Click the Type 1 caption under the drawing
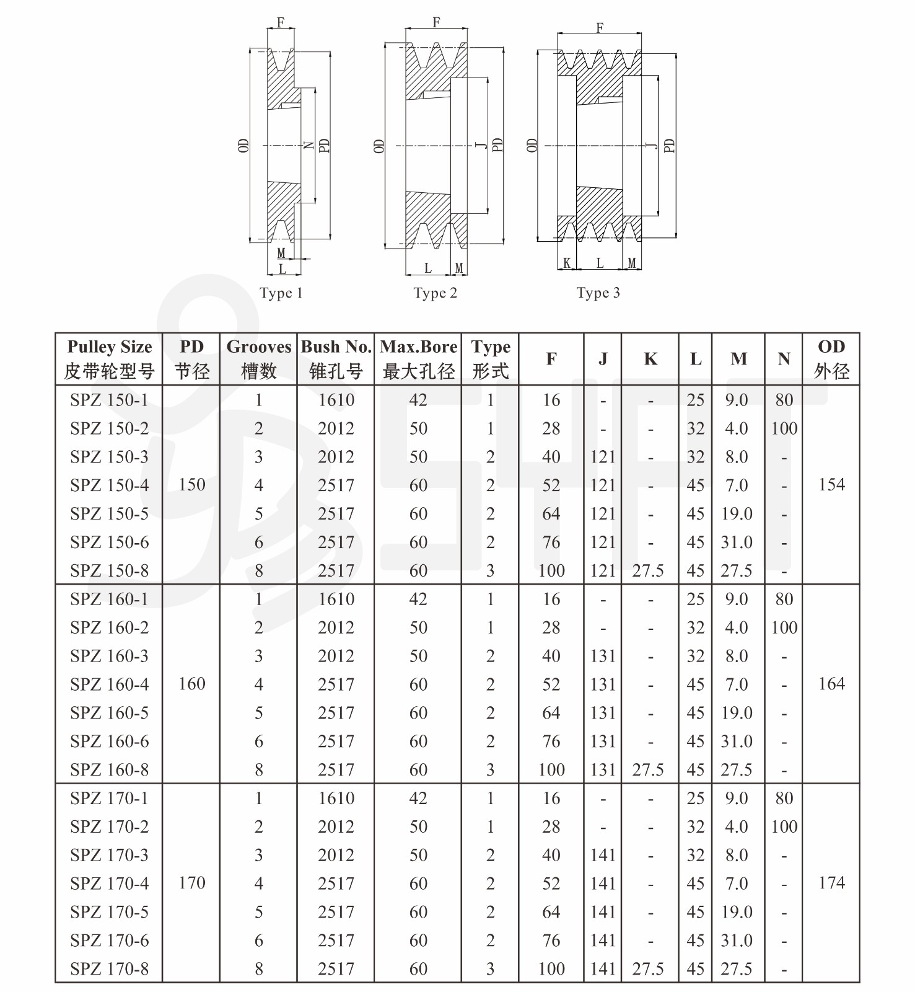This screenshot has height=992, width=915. tap(281, 293)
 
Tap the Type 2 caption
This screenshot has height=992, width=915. tap(435, 293)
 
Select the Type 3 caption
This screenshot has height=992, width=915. tap(598, 293)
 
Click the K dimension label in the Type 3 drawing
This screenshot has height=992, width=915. tap(567, 263)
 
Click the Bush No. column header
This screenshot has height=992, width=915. tap(336, 358)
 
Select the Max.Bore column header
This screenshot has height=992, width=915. tap(418, 358)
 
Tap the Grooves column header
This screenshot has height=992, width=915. tap(258, 358)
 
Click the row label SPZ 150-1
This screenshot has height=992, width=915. tap(109, 400)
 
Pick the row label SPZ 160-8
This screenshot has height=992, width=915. tap(109, 769)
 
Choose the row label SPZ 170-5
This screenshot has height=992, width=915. tap(109, 912)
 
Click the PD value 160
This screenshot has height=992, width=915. tap(191, 684)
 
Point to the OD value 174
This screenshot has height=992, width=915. tap(831, 883)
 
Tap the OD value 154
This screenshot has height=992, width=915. tap(831, 485)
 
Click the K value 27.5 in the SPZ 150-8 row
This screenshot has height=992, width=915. tap(648, 570)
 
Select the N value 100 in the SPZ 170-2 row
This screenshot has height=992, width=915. tap(784, 826)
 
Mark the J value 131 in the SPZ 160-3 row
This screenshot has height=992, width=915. tap(603, 656)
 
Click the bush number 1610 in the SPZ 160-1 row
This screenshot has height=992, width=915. tap(336, 599)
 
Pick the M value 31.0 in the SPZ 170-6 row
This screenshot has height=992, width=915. tap(737, 941)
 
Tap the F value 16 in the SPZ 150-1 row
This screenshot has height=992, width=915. tap(551, 400)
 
